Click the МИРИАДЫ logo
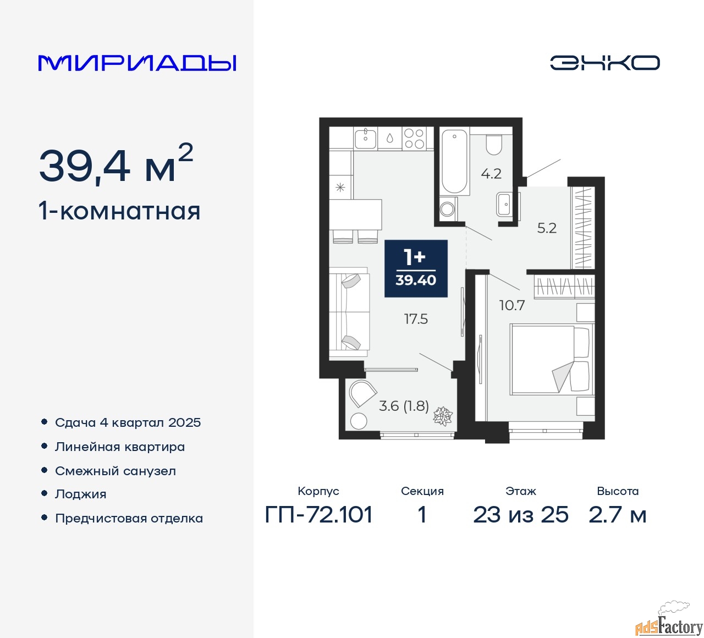137,63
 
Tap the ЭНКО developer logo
604,63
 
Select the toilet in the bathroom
493,145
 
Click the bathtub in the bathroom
454,162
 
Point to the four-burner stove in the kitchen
414,138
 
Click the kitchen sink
365,138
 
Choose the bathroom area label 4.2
491,174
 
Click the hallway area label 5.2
547,228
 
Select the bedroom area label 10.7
512,305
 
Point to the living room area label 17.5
416,320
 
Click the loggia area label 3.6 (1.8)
404,406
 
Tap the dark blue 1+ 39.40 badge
416,268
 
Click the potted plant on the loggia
443,416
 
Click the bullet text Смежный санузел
116,471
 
